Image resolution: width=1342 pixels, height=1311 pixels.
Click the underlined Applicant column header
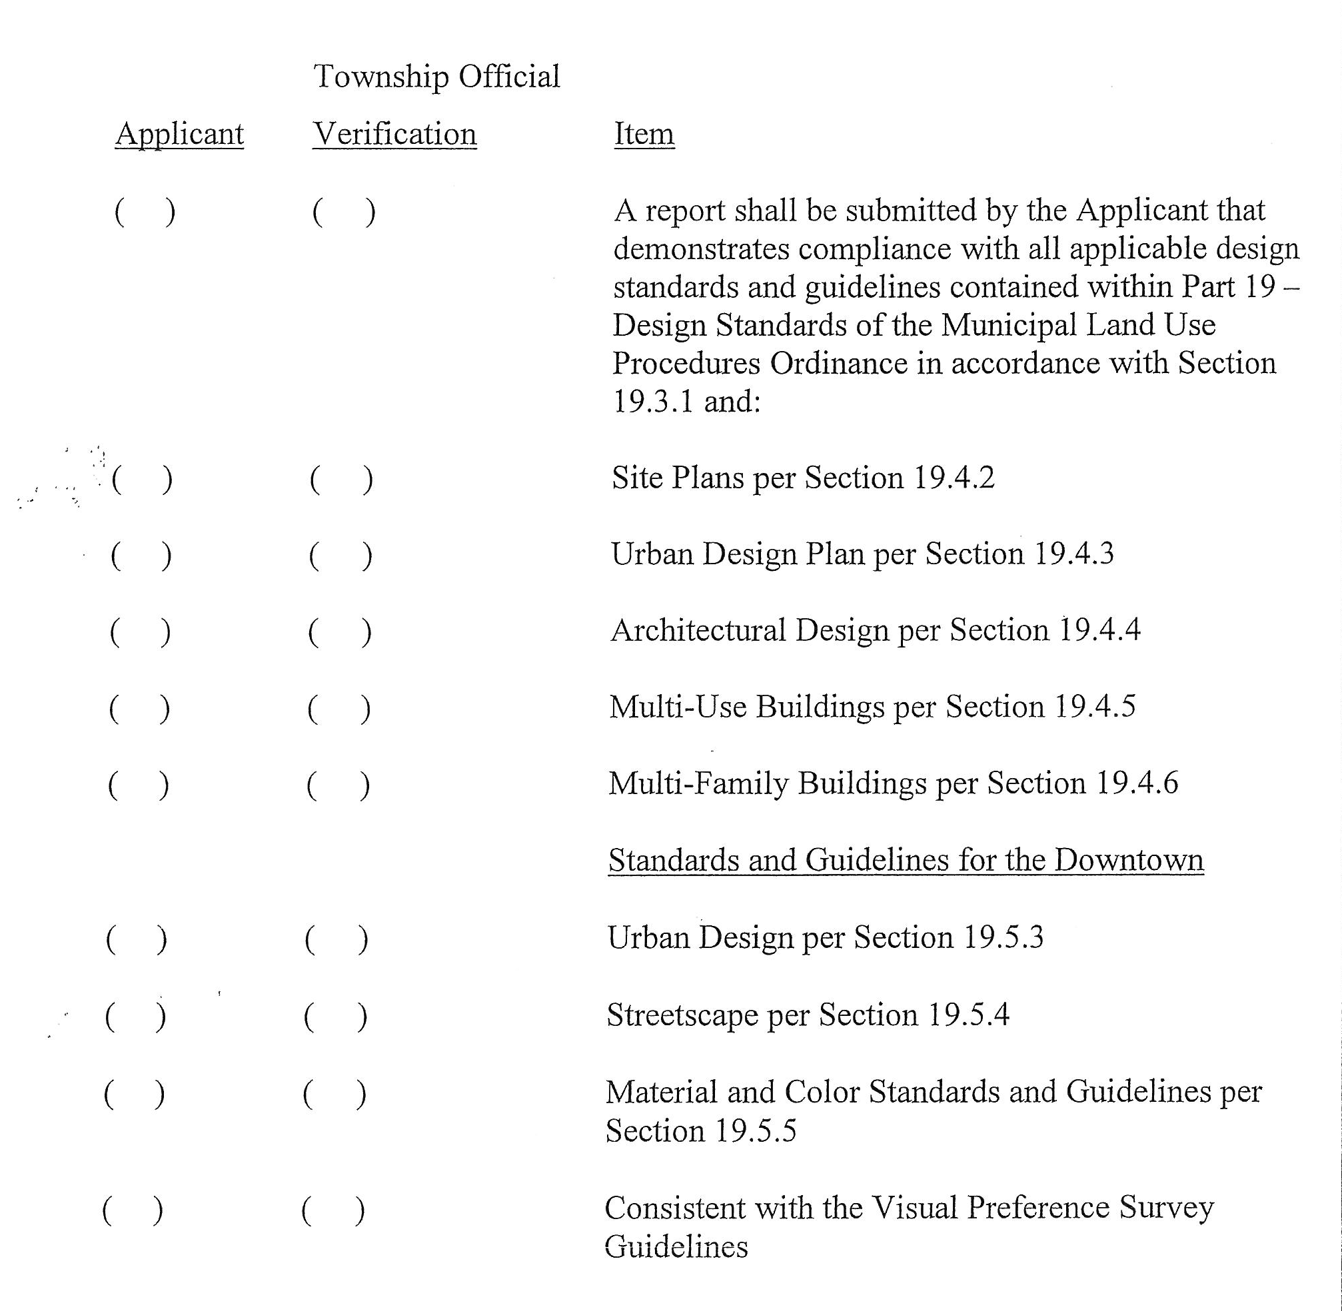179,134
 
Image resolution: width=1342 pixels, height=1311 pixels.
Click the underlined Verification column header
394,134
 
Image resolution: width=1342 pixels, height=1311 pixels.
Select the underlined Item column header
644,134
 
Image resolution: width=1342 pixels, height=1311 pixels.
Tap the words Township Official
436,77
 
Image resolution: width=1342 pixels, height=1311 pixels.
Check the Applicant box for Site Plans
143,480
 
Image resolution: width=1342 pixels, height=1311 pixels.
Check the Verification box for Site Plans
342,480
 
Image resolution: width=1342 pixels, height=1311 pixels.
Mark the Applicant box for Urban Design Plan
141,556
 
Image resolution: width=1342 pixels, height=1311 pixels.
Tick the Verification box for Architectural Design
340,633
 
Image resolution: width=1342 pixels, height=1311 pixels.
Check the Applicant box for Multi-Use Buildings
139,709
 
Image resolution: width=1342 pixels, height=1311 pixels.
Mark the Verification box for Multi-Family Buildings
338,785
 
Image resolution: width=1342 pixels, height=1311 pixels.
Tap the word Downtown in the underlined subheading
1129,860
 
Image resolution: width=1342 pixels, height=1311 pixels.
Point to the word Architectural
698,630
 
